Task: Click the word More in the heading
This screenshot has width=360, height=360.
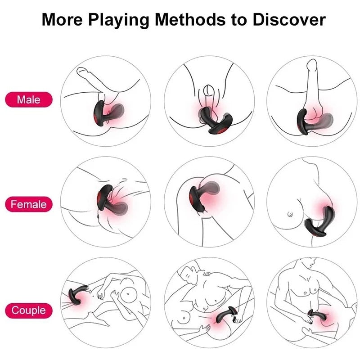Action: point(62,19)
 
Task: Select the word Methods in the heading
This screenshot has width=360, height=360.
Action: point(190,19)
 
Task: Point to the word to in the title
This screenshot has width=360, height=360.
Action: point(239,20)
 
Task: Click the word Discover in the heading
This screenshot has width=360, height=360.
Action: point(289,19)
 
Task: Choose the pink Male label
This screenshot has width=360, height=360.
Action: point(29,99)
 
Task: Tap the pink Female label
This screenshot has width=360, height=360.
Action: point(29,204)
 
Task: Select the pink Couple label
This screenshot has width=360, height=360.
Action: point(29,310)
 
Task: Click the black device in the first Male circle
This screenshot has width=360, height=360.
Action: point(108,114)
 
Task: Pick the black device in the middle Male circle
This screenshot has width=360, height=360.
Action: point(215,120)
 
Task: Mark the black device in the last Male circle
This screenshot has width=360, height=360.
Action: point(314,121)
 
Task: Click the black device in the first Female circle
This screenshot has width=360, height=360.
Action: point(112,198)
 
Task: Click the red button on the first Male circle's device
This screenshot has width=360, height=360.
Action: point(95,120)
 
